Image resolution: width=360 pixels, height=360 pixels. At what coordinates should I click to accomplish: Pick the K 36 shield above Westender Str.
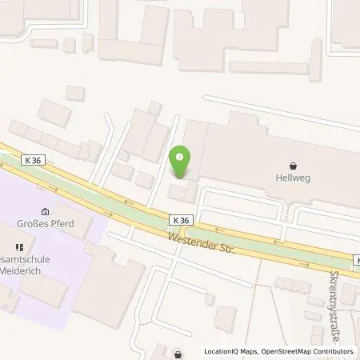tap(181, 218)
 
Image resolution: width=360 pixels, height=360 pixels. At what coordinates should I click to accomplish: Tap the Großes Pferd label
tap(45, 223)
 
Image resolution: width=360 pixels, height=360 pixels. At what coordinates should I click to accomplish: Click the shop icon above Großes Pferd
tap(45, 211)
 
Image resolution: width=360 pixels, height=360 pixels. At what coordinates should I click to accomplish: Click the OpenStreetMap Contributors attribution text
tap(304, 351)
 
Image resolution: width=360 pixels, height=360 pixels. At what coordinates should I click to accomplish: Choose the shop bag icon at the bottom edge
tap(177, 352)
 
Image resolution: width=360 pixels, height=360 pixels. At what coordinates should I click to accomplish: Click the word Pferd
tap(61, 223)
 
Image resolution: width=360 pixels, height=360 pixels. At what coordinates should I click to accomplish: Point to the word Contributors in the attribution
tap(331, 351)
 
